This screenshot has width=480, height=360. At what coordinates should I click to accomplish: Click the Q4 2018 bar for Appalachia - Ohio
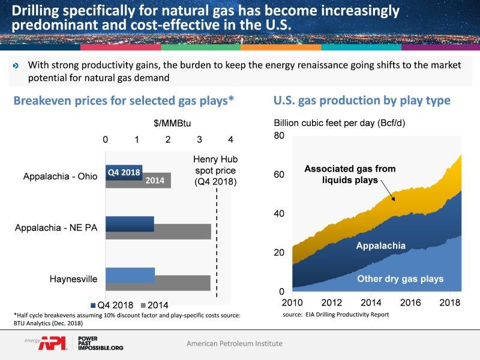click(124, 172)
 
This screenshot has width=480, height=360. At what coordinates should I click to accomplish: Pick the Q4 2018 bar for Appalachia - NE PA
click(130, 224)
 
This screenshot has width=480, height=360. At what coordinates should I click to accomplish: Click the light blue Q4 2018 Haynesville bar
click(130, 275)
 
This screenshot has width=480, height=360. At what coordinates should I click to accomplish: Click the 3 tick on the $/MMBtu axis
click(199, 140)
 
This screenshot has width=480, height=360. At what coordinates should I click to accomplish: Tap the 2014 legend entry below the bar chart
click(155, 304)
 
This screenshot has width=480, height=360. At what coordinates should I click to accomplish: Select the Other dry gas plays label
click(400, 278)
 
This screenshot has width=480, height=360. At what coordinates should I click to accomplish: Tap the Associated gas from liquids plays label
click(350, 174)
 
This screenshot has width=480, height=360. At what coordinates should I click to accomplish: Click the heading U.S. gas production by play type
click(362, 100)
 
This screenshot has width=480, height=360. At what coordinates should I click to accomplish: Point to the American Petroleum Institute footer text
click(234, 344)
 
